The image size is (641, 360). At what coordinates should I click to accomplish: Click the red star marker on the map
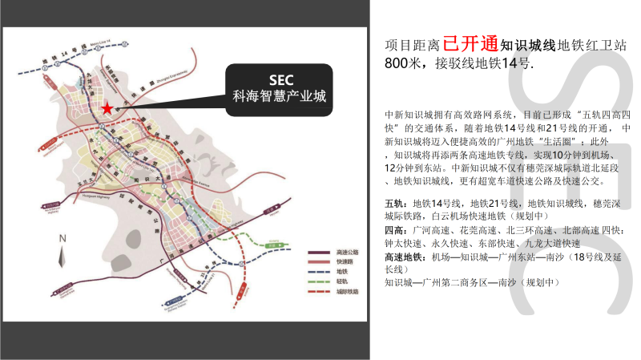[107, 108]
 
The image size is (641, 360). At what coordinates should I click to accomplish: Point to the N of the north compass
[61, 239]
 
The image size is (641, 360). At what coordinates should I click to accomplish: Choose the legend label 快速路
[343, 262]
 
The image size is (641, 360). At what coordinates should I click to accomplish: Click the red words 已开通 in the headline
[470, 43]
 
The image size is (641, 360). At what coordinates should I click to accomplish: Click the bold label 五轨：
[398, 204]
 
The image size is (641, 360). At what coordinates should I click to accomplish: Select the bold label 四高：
[398, 230]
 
